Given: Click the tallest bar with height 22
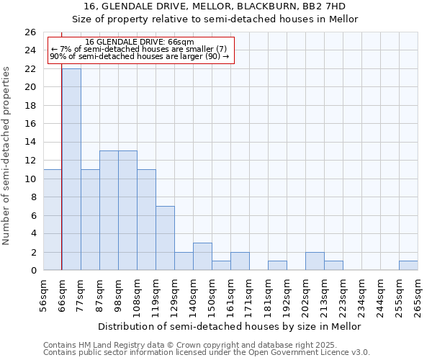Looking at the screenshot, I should click(71, 169).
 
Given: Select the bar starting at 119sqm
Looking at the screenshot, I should click(165, 238).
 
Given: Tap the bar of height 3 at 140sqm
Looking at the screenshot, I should click(202, 256).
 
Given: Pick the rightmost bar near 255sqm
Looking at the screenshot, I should click(408, 265).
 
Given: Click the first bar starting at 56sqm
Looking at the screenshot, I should click(53, 220).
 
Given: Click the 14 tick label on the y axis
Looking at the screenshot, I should click(30, 142).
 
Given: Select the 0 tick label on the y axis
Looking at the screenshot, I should click(33, 270).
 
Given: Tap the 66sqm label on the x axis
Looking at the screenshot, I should click(62, 295).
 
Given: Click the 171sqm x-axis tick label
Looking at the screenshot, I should click(249, 295).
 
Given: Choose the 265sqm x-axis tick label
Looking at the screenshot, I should click(418, 295).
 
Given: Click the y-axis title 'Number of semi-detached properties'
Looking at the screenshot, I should click(7, 155).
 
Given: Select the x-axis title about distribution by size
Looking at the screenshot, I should click(230, 326).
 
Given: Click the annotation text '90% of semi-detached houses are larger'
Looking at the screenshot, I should click(139, 56).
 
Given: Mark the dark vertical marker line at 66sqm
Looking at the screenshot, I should click(62, 180).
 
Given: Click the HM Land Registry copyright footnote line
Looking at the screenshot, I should click(206, 345).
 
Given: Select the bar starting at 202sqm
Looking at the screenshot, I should click(315, 261).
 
